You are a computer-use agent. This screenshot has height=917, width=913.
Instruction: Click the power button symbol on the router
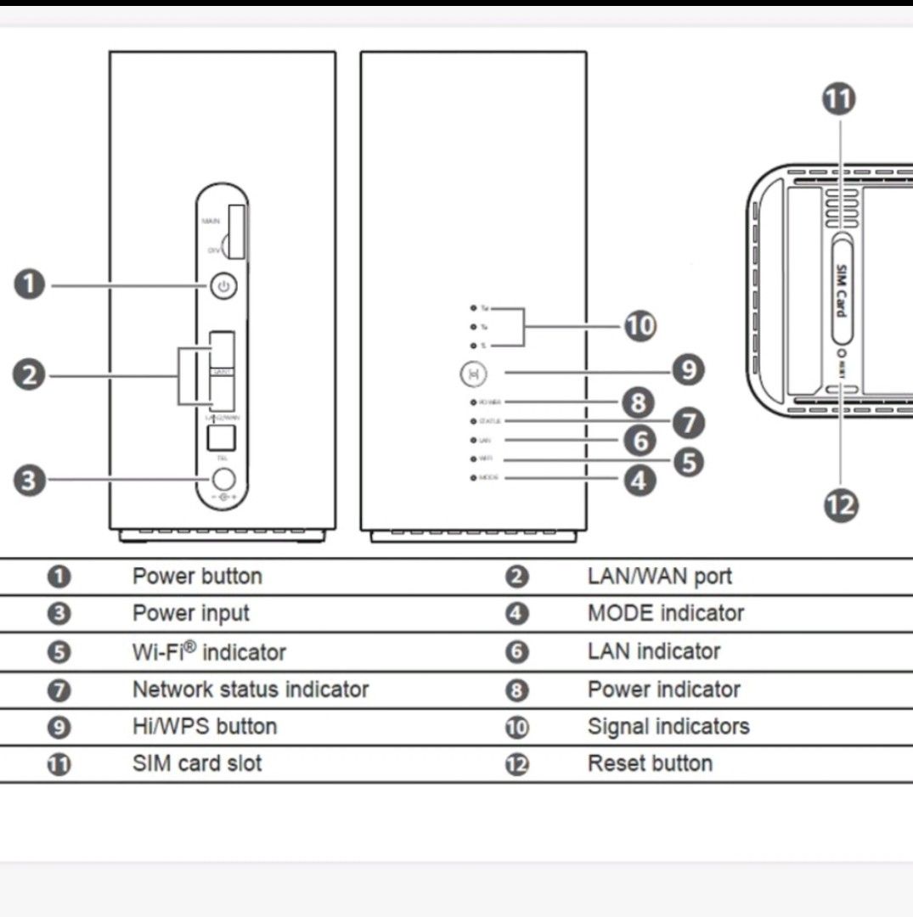point(223,286)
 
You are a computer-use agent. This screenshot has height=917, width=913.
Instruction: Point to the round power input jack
point(223,480)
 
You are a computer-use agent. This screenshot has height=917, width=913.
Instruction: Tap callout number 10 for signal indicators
point(640,325)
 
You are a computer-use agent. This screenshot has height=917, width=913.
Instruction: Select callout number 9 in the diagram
point(688,370)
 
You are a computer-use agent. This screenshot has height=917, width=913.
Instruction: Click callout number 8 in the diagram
point(638,402)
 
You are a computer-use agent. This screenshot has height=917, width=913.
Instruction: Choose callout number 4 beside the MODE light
point(640,481)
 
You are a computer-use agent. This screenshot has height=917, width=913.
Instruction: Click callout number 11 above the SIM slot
point(839,98)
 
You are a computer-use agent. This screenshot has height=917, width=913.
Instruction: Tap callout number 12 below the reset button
point(841,506)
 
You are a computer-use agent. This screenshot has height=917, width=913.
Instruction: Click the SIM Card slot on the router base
point(840,290)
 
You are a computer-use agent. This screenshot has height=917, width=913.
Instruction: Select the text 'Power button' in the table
point(197,577)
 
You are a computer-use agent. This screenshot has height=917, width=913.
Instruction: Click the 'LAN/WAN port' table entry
point(659,577)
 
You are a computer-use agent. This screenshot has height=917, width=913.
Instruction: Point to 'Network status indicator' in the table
point(251,689)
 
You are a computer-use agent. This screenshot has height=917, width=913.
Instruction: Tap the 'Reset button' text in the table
point(650,763)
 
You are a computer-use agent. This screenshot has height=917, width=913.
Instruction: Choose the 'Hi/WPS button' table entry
point(204,727)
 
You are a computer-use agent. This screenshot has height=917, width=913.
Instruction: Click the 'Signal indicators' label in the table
point(668,727)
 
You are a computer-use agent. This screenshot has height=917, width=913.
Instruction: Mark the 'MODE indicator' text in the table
point(665,613)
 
